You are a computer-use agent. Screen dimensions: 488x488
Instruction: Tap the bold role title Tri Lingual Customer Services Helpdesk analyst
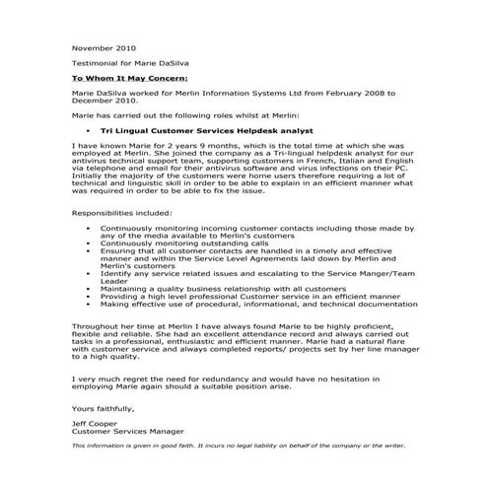(x=206, y=129)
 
